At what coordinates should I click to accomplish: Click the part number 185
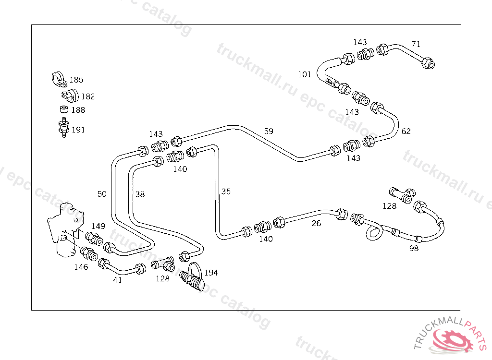(76, 80)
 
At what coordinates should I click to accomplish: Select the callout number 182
(87, 96)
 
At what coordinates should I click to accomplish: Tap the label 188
(78, 110)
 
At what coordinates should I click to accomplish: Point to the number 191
(78, 130)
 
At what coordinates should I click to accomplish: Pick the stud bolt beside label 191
(62, 127)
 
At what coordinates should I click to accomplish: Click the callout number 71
(416, 44)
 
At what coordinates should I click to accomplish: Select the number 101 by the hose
(305, 74)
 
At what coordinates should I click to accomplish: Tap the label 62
(406, 131)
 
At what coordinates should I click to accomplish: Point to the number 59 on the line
(269, 131)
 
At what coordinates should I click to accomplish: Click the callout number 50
(102, 194)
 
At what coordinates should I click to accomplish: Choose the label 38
(139, 194)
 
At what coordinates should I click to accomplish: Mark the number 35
(226, 192)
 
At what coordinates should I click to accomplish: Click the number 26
(316, 223)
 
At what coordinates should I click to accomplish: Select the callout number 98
(414, 248)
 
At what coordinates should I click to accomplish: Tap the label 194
(211, 273)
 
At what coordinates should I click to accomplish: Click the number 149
(98, 226)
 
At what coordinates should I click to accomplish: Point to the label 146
(81, 267)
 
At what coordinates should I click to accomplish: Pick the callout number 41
(117, 280)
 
